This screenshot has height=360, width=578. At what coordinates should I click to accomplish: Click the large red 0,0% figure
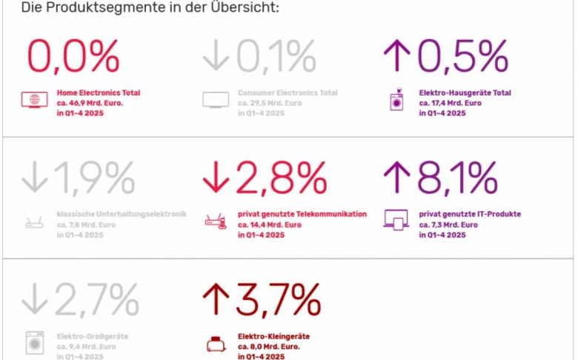click(73, 55)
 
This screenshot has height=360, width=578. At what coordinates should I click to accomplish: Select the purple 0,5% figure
click(462, 55)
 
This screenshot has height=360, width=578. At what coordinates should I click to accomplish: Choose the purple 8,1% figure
click(456, 178)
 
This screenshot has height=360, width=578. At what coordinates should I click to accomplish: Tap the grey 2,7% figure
click(94, 299)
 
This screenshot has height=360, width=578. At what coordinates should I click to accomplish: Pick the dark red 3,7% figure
click(278, 299)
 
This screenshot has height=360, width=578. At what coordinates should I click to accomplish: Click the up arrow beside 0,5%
click(397, 56)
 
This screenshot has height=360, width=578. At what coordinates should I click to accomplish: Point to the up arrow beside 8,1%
click(397, 179)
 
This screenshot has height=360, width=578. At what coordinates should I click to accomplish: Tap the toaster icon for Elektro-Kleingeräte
click(215, 344)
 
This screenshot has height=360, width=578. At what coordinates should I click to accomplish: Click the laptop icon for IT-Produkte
click(396, 219)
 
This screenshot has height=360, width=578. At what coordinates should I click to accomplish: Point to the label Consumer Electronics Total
click(288, 93)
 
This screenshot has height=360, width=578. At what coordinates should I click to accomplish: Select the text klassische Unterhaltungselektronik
click(122, 214)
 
